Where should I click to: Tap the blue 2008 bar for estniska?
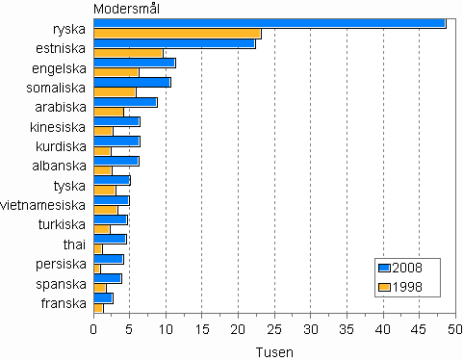(x=174, y=43)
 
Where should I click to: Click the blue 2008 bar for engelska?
(x=134, y=63)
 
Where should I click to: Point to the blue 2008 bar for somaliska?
(x=132, y=82)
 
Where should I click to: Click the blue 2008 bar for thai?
(x=110, y=239)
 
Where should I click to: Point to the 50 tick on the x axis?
(x=455, y=330)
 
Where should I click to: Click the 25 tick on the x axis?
(x=274, y=330)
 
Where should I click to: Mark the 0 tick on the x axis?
(x=94, y=330)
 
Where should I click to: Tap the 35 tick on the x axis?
(x=347, y=330)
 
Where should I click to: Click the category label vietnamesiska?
(x=48, y=204)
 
